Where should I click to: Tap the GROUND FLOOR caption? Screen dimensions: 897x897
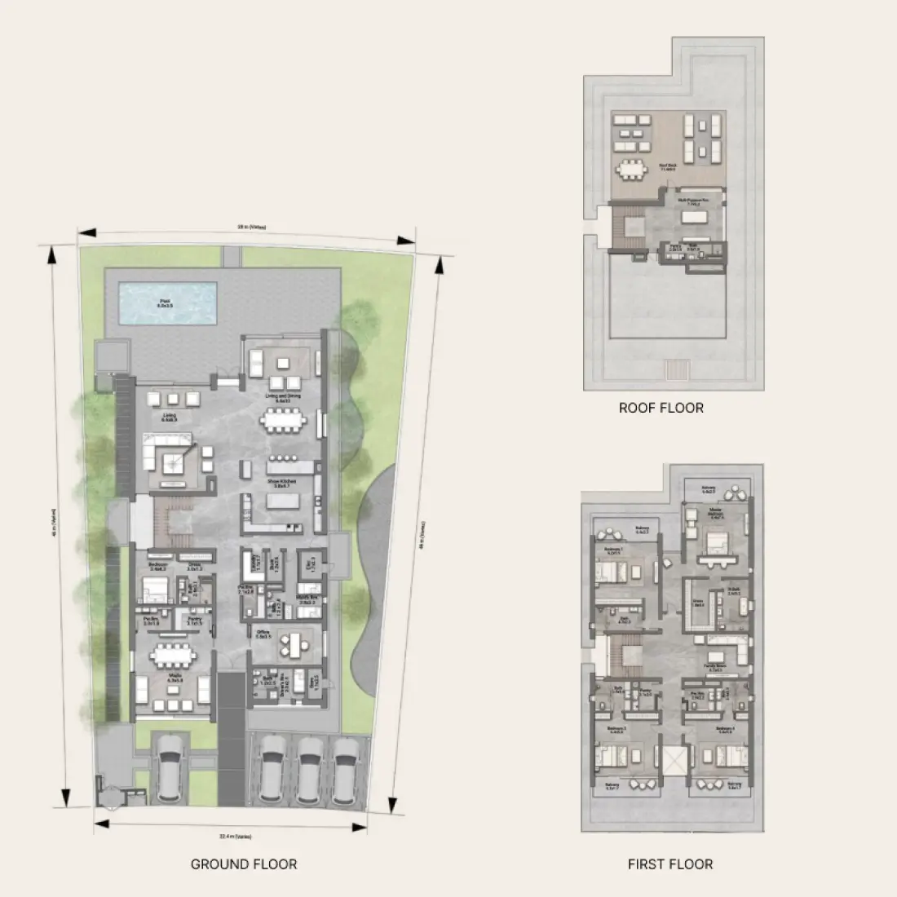[x=244, y=864]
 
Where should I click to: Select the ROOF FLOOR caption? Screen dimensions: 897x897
[x=661, y=408]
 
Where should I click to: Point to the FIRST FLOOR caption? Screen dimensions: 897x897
[x=670, y=864]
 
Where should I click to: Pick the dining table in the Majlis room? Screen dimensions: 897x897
[x=171, y=656]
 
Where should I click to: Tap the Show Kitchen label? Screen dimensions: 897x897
[x=282, y=482]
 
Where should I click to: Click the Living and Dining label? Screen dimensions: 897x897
[x=282, y=399]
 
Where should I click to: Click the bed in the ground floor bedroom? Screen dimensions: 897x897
[x=153, y=589]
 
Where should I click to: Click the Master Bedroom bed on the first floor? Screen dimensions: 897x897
[x=716, y=542]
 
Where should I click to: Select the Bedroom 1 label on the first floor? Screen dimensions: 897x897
[x=613, y=550]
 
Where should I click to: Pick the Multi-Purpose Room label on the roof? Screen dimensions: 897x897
[x=692, y=199]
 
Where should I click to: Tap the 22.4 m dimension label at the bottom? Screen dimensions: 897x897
[x=235, y=837]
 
